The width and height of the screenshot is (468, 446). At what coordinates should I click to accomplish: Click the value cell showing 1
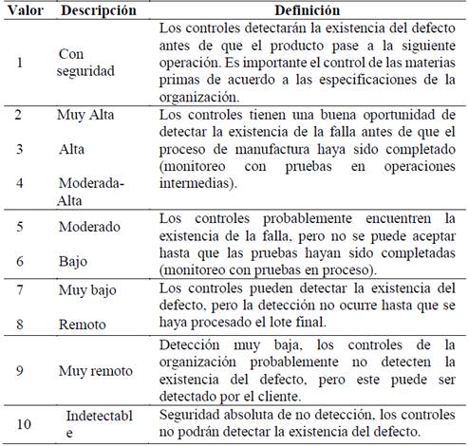[x=19, y=63]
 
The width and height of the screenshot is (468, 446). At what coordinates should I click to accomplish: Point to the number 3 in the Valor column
[x=19, y=149]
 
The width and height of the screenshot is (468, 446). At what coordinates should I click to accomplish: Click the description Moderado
[x=89, y=228]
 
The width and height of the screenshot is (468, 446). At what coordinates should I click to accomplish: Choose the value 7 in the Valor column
[x=19, y=288]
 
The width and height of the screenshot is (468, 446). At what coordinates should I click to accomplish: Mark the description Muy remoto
[x=94, y=370]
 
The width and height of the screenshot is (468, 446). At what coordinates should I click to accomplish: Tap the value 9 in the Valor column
[x=19, y=370]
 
